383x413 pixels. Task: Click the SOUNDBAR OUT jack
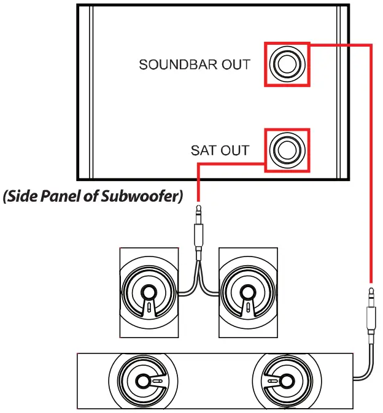click(x=286, y=64)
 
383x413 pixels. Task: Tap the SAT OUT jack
click(x=286, y=150)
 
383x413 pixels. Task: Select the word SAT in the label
click(x=203, y=150)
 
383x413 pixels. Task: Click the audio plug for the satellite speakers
click(x=198, y=230)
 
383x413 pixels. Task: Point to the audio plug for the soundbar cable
click(x=371, y=313)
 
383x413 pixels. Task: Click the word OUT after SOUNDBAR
click(x=236, y=64)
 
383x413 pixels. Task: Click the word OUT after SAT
click(x=236, y=150)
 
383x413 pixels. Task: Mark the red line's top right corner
click(x=371, y=44)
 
